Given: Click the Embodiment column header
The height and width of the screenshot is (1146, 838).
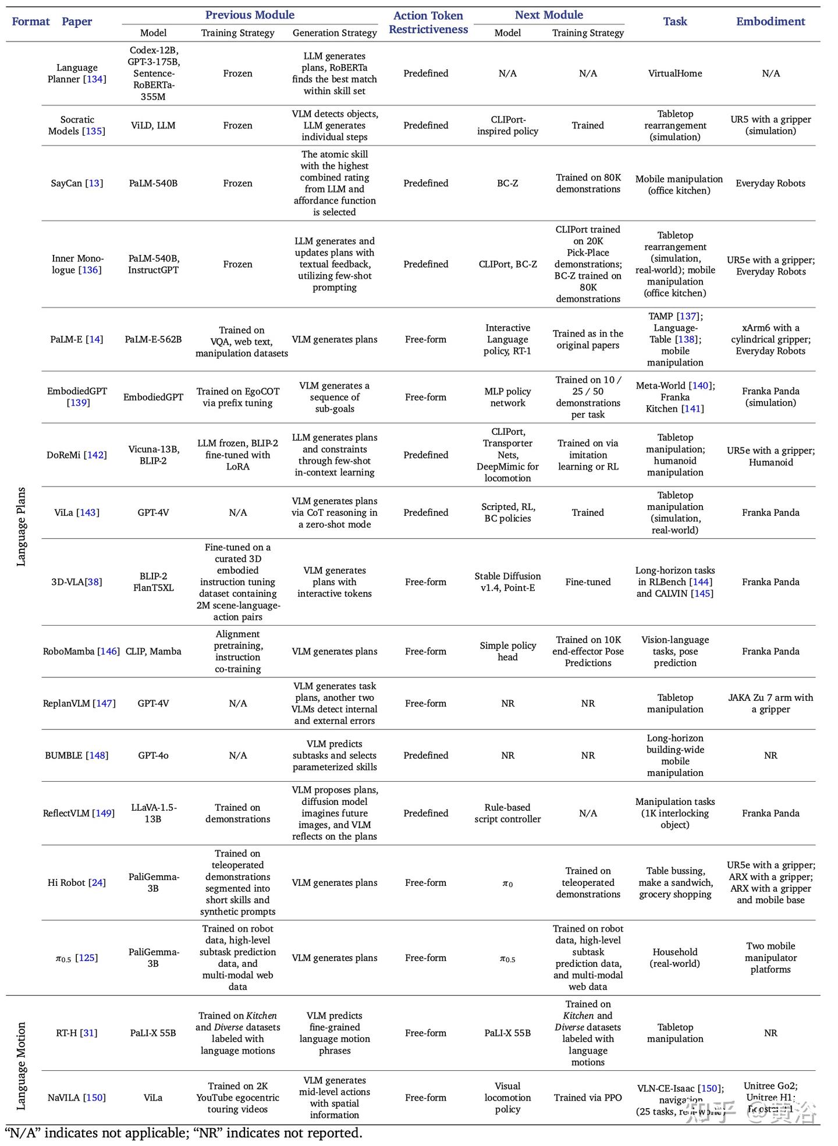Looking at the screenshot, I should click(x=770, y=22).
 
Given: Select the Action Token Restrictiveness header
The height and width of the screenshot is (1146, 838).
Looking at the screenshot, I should click(x=428, y=22).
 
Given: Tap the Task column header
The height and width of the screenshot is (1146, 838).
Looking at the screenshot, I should click(x=674, y=22).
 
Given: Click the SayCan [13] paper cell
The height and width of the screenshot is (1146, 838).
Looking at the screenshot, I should click(x=77, y=183).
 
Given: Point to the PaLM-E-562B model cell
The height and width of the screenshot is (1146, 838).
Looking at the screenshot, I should click(x=153, y=339).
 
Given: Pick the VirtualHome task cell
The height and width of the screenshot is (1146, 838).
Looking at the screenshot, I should click(x=674, y=73).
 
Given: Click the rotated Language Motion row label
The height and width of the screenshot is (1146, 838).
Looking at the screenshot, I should click(x=21, y=1066).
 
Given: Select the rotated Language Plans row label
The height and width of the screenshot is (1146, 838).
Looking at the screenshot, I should click(x=21, y=526).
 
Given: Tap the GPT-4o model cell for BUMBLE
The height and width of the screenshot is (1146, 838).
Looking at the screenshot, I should click(x=153, y=755).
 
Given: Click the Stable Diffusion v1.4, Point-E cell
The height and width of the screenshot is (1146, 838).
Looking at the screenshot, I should click(x=507, y=582).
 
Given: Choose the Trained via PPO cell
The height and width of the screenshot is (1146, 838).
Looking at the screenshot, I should click(x=588, y=1098).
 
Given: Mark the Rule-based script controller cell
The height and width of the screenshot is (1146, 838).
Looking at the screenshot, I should click(x=507, y=813).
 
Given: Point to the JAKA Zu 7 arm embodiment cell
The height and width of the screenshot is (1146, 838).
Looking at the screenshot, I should click(x=770, y=703).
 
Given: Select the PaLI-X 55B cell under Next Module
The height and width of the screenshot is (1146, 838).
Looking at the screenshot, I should click(x=507, y=1033).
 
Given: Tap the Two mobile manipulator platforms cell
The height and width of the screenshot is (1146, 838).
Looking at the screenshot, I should click(x=770, y=957).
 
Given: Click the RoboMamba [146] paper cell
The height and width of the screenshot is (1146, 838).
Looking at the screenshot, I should click(x=81, y=651).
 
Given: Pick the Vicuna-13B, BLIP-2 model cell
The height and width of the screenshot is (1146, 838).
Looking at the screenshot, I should click(x=153, y=455).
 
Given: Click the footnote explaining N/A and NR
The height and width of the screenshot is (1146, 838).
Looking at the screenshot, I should click(x=183, y=1133).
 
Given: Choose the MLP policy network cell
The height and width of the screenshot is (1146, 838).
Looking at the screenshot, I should click(x=507, y=397).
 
